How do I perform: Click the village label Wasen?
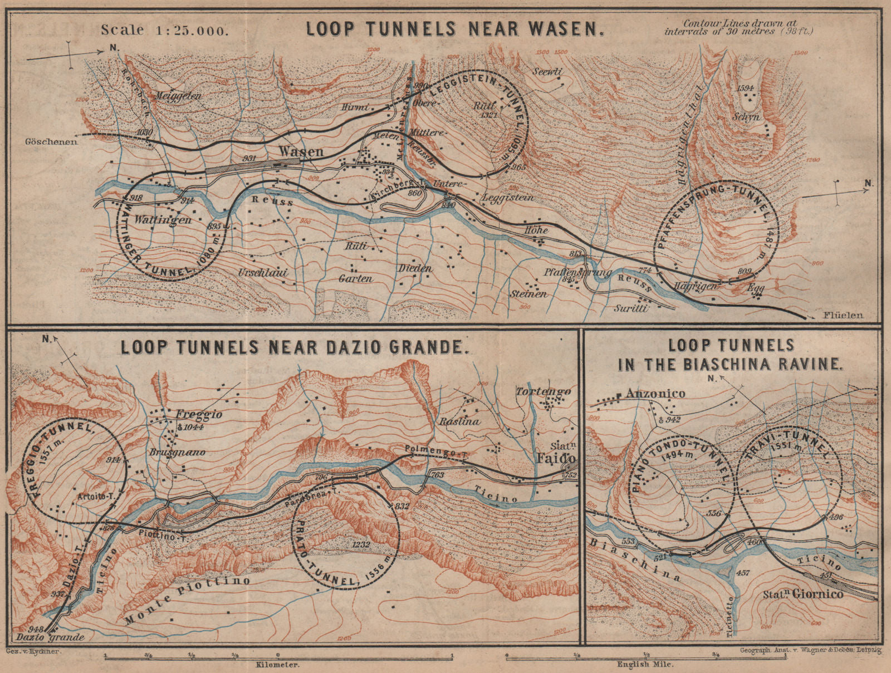pos(301,151)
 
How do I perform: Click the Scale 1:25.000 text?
pos(164,30)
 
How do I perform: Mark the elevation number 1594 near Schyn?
pos(745,89)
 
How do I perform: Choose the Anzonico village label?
pos(655,394)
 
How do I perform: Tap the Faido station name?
pos(558,458)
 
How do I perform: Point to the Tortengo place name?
pos(543,391)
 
